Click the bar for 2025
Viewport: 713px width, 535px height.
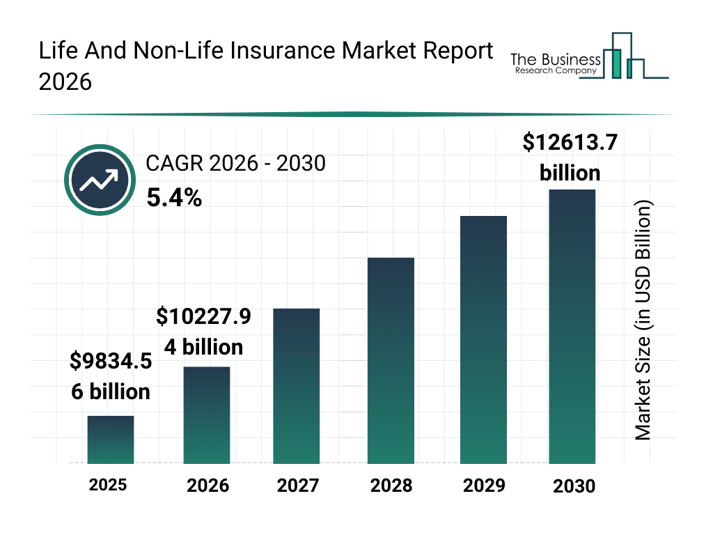111,440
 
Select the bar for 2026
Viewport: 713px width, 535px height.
207,415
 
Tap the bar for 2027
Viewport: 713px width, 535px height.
297,386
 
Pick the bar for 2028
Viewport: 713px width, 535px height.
391,361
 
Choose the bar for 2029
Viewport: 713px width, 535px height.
483,340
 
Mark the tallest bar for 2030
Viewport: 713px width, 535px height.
572,326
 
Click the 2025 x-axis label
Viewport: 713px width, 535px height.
108,485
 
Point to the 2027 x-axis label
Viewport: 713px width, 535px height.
298,486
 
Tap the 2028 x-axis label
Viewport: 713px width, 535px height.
391,486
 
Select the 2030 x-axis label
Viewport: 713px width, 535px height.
574,486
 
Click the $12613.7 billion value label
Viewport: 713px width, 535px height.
570,157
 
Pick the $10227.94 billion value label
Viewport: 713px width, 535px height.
203,332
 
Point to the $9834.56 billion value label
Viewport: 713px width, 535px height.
111,376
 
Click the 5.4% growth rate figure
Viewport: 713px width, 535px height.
174,198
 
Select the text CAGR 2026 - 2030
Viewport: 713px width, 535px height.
235,164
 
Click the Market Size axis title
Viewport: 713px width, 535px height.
643,320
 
